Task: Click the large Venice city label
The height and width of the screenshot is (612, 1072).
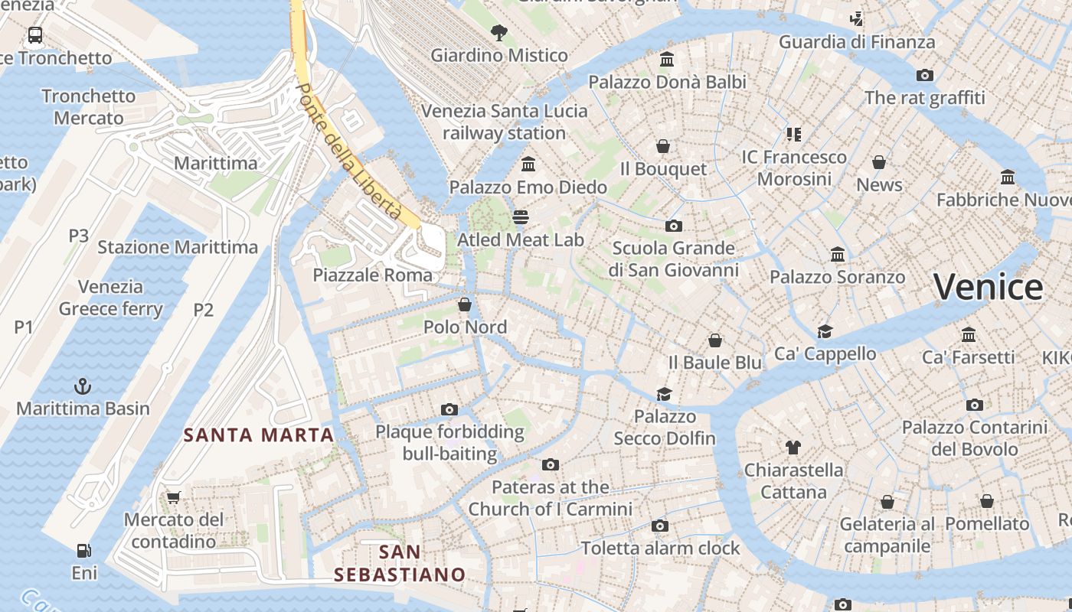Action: (988, 288)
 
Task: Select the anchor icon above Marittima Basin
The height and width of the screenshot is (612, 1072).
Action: (83, 386)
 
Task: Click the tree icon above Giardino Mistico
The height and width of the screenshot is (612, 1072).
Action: (499, 32)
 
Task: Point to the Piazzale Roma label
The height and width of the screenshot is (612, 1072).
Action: (372, 275)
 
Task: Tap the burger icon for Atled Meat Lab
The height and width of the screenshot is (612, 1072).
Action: (521, 217)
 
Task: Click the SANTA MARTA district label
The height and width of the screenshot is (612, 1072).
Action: (259, 435)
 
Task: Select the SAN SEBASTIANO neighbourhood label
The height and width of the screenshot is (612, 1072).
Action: (400, 563)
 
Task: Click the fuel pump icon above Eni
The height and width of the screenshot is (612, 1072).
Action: (84, 550)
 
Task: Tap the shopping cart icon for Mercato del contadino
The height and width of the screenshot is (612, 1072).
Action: (174, 497)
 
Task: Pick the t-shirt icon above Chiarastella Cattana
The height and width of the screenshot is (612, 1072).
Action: (793, 448)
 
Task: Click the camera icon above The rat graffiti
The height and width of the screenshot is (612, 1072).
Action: (925, 75)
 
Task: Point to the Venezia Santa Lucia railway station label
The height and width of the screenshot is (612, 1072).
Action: (504, 122)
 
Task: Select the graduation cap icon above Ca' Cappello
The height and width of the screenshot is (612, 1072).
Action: (825, 331)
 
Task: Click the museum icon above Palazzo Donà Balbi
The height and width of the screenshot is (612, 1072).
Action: (667, 59)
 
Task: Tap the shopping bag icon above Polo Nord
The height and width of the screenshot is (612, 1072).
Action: (465, 304)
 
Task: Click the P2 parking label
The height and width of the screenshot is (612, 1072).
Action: (203, 310)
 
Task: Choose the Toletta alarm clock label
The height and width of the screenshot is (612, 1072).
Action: (660, 548)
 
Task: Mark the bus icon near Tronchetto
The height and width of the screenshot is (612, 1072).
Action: (35, 34)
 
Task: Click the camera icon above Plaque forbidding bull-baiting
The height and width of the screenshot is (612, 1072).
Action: (449, 409)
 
